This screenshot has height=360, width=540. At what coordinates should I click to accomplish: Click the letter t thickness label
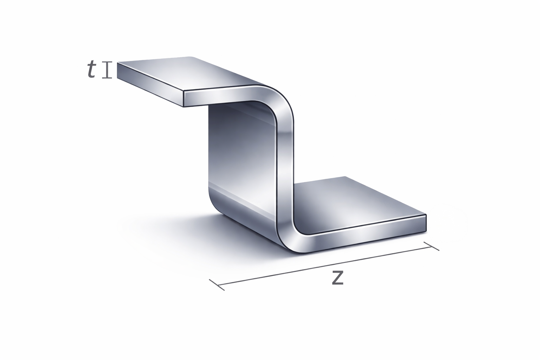92,70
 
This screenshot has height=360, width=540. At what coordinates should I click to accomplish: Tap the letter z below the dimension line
337,278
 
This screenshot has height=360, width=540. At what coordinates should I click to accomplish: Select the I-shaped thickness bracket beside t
107,70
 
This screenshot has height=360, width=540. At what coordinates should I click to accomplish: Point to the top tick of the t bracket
107,62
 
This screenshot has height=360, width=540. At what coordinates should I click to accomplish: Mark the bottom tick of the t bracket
107,78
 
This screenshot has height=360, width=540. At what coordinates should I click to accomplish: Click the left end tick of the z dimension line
217,285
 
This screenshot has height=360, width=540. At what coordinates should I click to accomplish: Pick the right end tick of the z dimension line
431,246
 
